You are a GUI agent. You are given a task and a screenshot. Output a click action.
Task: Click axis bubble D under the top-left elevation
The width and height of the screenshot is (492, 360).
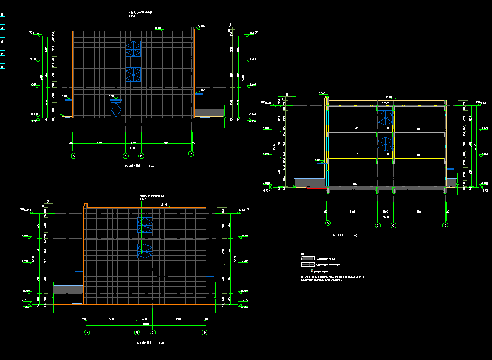coord(74,156)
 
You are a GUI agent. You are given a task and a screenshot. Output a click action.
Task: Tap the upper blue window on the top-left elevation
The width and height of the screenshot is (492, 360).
coord(133,48)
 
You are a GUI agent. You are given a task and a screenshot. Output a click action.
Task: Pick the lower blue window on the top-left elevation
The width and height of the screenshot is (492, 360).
coord(133,74)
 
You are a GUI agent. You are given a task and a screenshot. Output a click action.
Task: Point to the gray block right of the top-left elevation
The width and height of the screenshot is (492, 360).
coord(209,112)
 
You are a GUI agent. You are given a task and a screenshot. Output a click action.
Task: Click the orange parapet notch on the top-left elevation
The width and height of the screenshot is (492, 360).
coord(193,28)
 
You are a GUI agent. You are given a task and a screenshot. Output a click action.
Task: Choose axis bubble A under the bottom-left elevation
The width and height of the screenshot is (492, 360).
coord(87,333)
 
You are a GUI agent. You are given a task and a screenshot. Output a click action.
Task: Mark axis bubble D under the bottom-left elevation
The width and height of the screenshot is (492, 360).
coord(205,333)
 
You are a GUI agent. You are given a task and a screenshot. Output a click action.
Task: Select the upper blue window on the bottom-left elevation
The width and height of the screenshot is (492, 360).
coord(145,225)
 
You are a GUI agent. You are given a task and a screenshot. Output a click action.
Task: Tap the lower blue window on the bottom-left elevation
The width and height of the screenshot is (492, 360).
coord(145,251)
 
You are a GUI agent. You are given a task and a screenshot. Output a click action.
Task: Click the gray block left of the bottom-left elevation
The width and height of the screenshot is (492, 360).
coord(68,290)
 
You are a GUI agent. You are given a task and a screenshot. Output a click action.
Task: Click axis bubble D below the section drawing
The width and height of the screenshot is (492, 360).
coord(445,225)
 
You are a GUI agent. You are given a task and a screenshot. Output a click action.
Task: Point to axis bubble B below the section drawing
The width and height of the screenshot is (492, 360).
coord(378,225)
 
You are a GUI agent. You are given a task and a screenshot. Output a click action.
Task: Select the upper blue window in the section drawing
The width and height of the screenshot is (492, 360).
coord(385,118)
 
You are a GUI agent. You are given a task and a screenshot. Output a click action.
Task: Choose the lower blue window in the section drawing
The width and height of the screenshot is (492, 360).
coord(385,144)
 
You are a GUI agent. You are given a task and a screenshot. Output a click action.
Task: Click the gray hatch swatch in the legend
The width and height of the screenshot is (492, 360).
coord(307,258)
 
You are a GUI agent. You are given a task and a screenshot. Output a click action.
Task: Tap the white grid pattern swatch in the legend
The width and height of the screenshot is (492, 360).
coord(307,264)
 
